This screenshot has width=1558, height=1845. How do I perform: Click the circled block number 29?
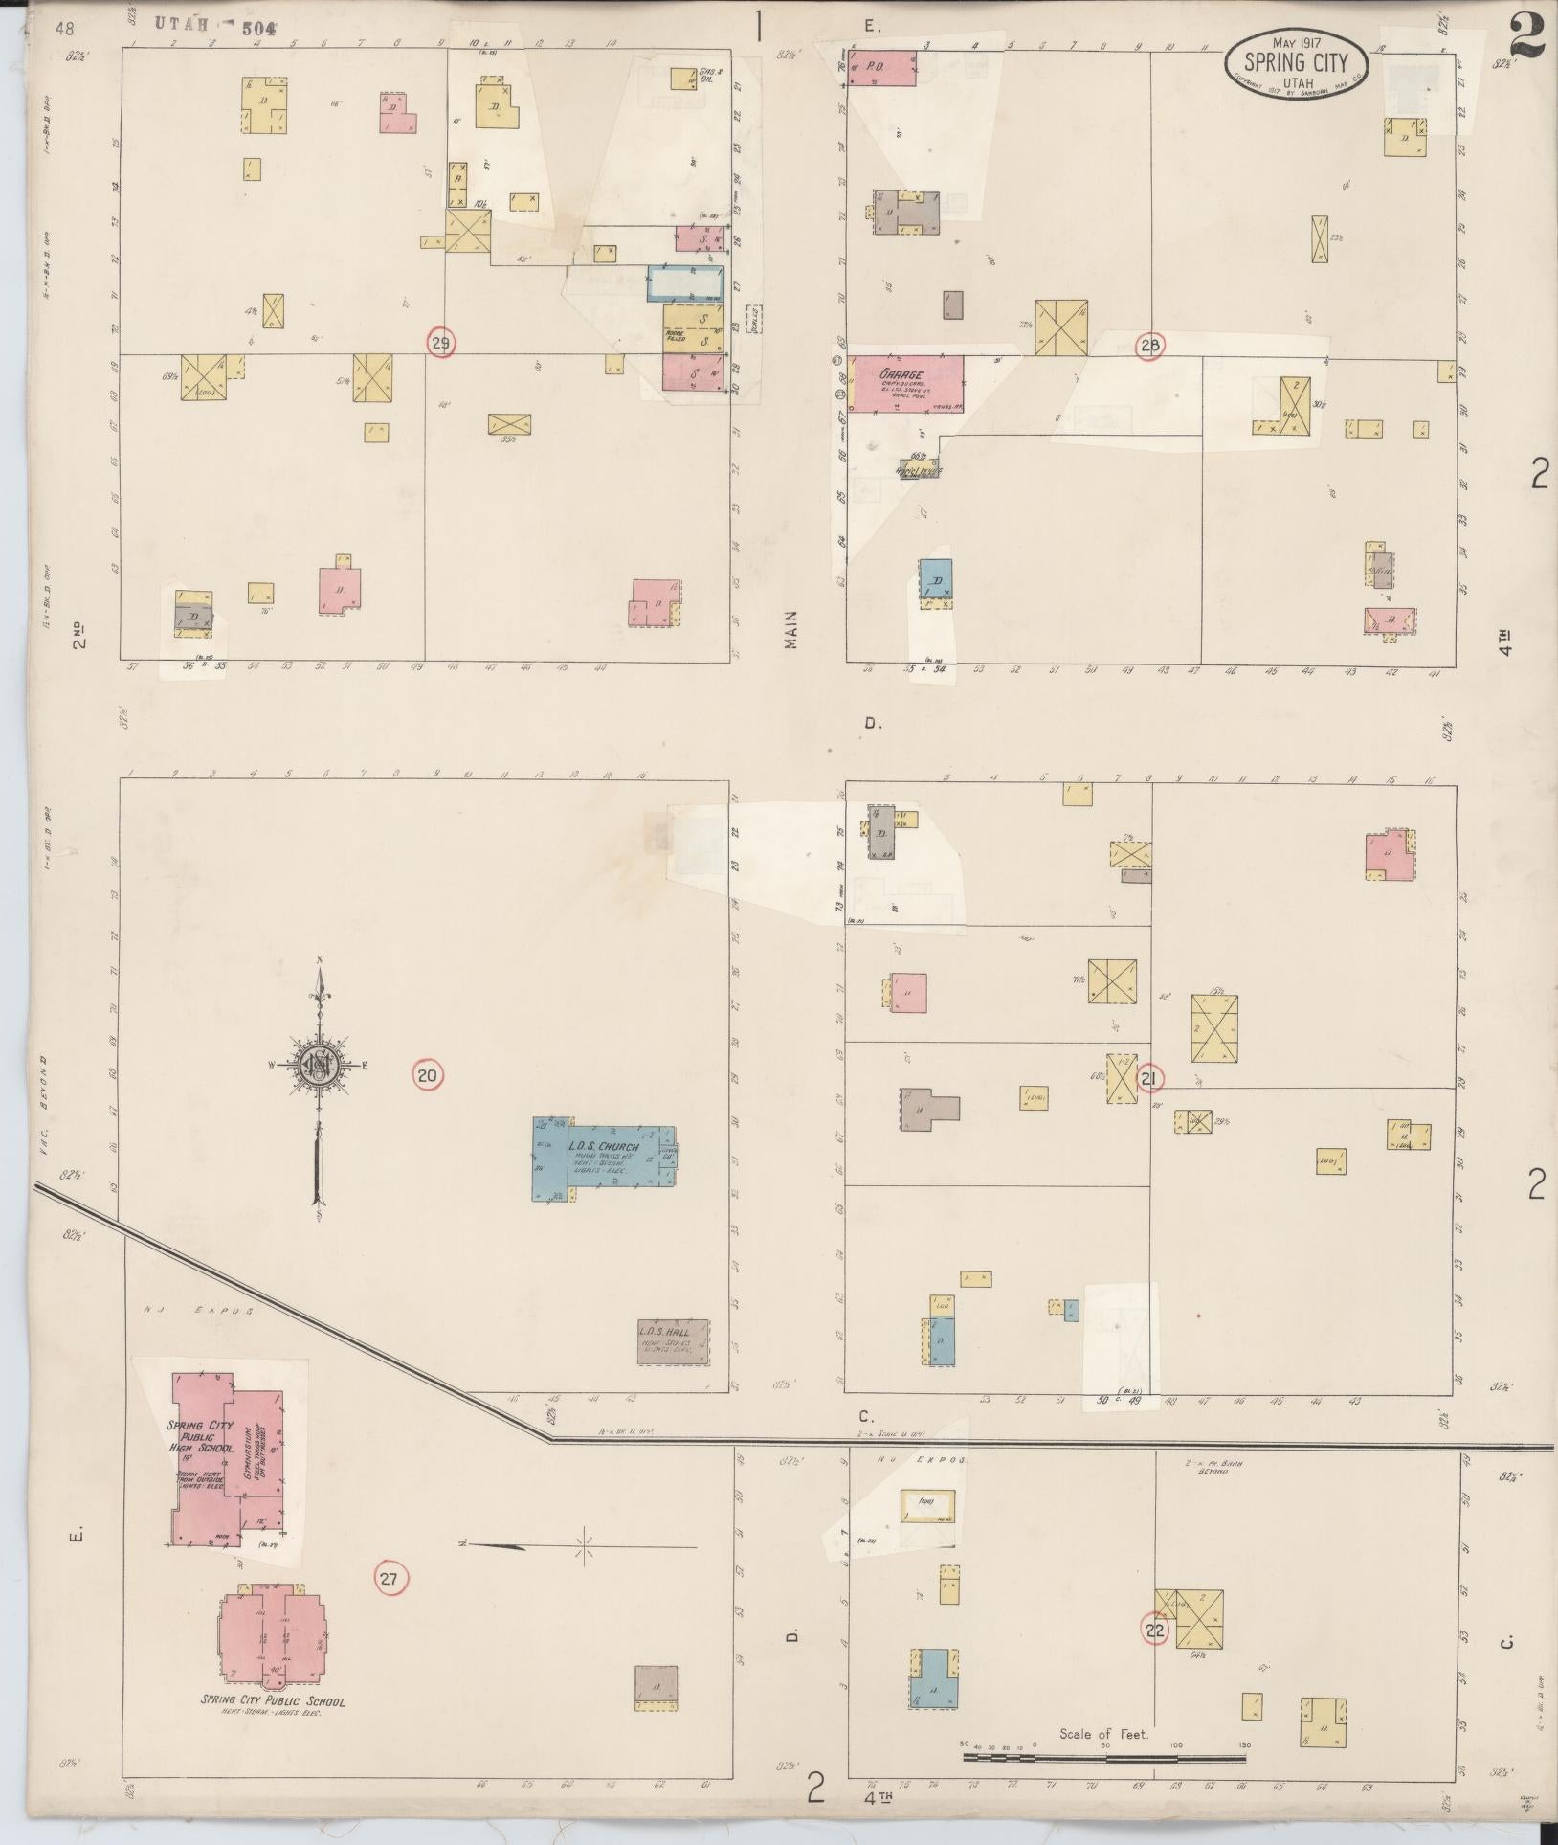tap(440, 344)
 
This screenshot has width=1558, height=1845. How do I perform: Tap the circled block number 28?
tap(1149, 347)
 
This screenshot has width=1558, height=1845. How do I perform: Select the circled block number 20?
tap(427, 1075)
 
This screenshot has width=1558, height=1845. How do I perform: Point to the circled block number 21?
tap(1149, 1078)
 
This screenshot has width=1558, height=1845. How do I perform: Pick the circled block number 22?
tap(1155, 1629)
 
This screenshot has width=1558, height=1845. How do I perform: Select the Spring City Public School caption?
tap(273, 1701)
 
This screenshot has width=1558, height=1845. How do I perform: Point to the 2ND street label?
tap(80, 636)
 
